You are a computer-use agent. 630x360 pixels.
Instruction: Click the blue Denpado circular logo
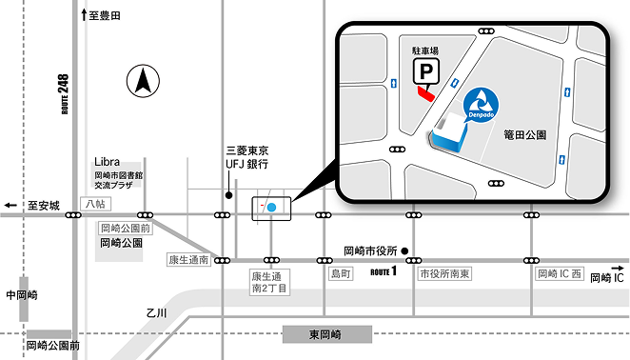pos(480,103)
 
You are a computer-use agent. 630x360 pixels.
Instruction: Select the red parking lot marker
pos(424,93)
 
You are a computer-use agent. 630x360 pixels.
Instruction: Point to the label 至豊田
pos(105,16)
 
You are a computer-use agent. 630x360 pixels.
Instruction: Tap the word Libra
pos(108,162)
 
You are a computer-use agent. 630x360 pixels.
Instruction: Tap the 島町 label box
pos(341,274)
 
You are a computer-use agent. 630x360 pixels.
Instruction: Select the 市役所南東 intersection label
pos(444,274)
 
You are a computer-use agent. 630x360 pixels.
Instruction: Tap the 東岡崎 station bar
pos(326,334)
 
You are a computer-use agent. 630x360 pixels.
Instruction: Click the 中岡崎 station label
pos(21,295)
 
